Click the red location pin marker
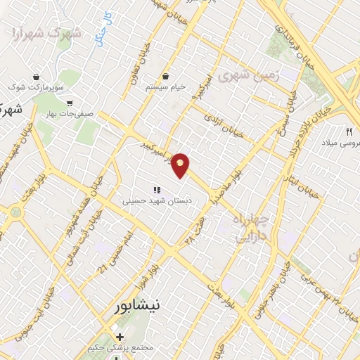click(x=181, y=164)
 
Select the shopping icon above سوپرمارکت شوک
click(x=37, y=76)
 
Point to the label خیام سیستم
click(x=165, y=86)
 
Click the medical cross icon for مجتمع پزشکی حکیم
click(x=120, y=337)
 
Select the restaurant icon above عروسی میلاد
click(x=349, y=131)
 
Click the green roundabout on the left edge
click(x=13, y=210)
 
